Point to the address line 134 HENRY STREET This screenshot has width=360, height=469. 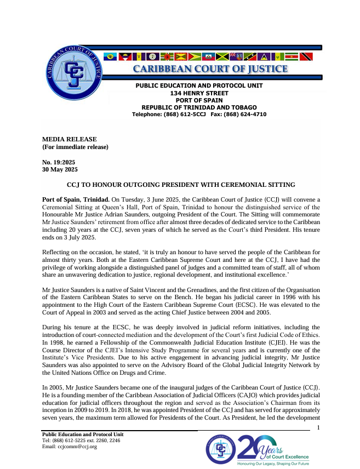tap(199, 93)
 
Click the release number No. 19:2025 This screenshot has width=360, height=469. tap(59, 163)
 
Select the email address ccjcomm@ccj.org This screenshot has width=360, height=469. tap(70, 447)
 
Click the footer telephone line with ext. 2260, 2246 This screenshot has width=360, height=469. tap(81, 441)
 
